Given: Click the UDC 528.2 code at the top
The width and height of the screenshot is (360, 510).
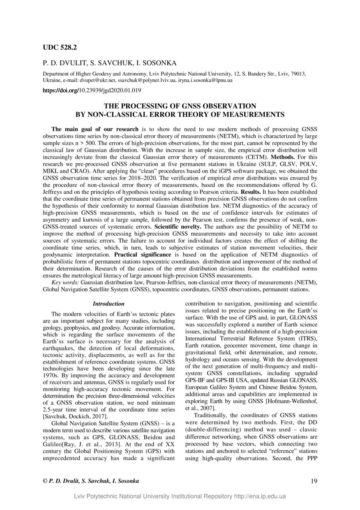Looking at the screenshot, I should click(x=60, y=48).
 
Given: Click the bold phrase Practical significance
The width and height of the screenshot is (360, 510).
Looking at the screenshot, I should click(x=143, y=255).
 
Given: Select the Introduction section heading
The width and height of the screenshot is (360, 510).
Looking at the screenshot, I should click(x=108, y=304).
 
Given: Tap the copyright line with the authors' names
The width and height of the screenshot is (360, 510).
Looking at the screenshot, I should click(x=91, y=481).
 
